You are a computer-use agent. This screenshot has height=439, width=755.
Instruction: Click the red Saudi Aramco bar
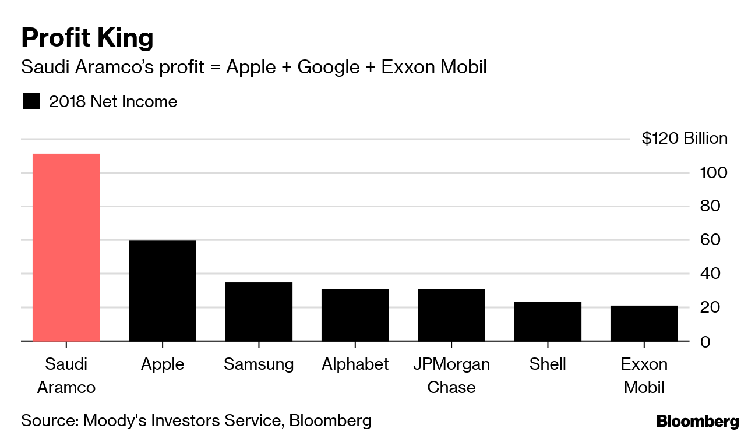(66, 247)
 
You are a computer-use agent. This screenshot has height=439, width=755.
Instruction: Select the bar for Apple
(162, 291)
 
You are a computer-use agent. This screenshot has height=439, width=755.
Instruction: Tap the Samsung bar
(259, 311)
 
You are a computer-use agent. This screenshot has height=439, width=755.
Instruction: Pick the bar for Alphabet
(355, 315)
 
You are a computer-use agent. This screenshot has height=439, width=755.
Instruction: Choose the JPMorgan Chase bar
(451, 315)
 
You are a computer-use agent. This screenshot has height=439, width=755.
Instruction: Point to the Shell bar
(548, 321)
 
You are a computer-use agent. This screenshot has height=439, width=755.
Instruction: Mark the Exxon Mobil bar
(644, 323)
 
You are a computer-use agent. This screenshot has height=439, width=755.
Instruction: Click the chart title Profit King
(87, 38)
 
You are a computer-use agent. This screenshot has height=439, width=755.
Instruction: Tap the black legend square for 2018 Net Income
(31, 102)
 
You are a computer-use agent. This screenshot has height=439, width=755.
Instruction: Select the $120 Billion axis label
(685, 139)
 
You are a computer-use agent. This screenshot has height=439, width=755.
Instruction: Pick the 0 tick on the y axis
(704, 341)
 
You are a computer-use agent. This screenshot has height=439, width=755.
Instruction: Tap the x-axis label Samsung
(259, 364)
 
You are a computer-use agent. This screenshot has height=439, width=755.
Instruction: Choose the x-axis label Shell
(548, 364)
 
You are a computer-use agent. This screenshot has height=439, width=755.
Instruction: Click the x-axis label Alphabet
(355, 364)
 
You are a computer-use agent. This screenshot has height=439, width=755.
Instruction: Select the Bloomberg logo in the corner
(697, 422)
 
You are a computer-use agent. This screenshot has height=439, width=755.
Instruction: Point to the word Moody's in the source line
(115, 420)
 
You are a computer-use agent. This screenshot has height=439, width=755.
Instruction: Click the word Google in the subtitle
(328, 68)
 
